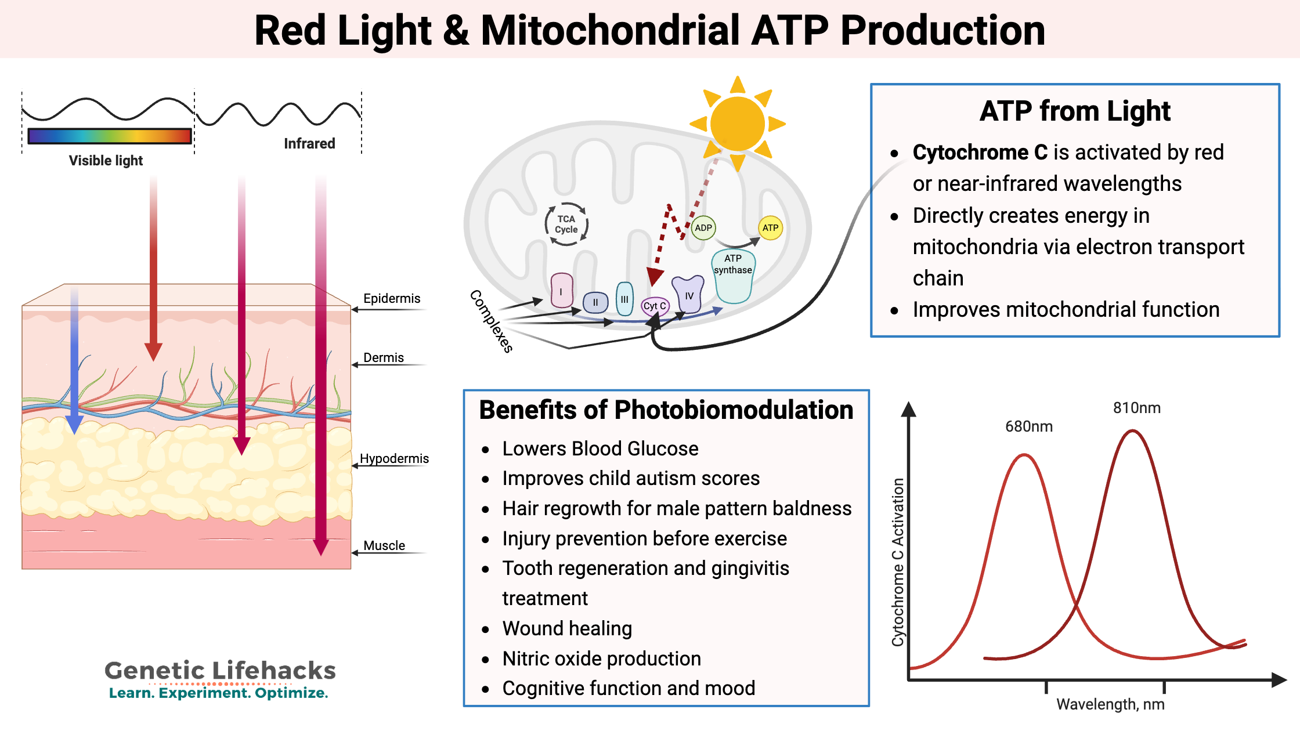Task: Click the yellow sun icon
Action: point(737,124)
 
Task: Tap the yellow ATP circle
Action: point(770,228)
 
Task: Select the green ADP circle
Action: point(703,228)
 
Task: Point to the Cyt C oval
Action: point(655,306)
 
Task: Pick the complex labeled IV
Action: point(688,294)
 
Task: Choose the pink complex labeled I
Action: point(561,291)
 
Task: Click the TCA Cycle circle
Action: point(566,224)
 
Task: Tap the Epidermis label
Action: point(392,298)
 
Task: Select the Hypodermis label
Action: point(394,458)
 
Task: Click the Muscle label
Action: point(384,545)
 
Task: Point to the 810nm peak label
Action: point(1136,408)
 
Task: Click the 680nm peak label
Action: point(1028,426)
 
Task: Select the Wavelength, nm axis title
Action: point(1110,704)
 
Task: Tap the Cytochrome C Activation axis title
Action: point(898,562)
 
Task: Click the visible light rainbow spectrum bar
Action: point(110,136)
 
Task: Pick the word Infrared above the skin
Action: point(309,143)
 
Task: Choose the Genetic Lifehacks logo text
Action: point(220,671)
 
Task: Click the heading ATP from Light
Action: point(1075,111)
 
